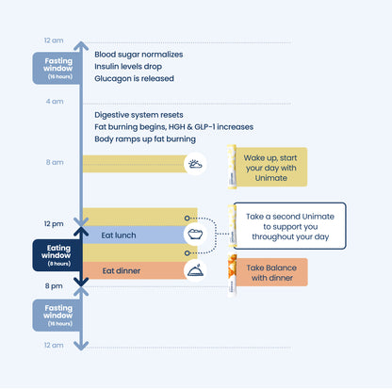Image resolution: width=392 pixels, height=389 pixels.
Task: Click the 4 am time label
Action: coord(55,102)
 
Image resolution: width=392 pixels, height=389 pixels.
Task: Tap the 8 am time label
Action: coord(55,162)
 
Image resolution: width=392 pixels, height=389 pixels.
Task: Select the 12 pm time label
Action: coord(54,224)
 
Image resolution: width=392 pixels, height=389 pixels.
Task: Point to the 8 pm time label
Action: coord(54,286)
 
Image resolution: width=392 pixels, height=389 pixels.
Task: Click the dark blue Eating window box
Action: coord(57,255)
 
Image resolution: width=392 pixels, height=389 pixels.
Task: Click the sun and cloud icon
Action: coord(195,164)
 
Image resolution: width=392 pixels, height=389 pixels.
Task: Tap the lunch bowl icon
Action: coord(195,234)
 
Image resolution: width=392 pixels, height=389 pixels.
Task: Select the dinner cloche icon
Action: coord(195,270)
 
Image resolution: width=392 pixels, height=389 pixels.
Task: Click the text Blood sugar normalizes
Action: coord(139,55)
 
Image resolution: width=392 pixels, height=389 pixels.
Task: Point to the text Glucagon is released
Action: coord(134,78)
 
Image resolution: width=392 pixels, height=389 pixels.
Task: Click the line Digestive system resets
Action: coord(139,115)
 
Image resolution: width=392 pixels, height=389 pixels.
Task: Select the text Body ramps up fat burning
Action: coord(145,139)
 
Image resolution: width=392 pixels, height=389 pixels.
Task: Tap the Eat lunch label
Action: coord(119,235)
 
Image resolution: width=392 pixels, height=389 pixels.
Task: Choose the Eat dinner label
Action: coord(122,270)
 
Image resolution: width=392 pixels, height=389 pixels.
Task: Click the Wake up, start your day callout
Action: coord(271,168)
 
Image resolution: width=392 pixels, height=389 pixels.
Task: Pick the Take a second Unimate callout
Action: coord(289,226)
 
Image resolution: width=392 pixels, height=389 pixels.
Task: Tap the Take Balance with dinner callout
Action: coord(271,272)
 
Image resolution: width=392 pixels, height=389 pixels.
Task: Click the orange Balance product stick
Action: coord(232,274)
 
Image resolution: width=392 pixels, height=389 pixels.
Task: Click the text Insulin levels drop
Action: coord(128,67)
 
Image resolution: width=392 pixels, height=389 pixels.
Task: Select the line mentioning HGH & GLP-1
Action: coord(174,127)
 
